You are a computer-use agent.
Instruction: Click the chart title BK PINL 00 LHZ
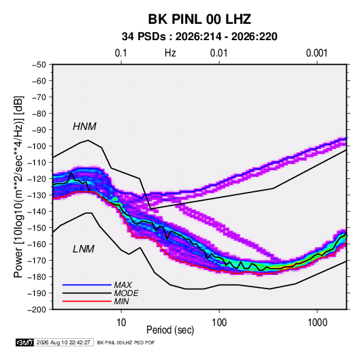[x=199, y=19]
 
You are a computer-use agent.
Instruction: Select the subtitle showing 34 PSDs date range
[x=199, y=37]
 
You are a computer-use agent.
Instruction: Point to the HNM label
[x=84, y=127]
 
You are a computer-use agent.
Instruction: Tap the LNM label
[x=84, y=249]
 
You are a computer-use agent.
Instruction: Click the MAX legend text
[x=122, y=284]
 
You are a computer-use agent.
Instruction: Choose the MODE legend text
[x=127, y=293]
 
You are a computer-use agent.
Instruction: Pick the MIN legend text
[x=121, y=301]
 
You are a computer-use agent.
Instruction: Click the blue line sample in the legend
[x=87, y=284]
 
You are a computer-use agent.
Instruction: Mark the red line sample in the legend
[x=87, y=301]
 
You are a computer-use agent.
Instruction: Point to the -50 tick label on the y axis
[x=39, y=65]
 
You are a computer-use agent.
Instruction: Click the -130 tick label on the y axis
[x=37, y=195]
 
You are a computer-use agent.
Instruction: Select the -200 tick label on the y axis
[x=37, y=310]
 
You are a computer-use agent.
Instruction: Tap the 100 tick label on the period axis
[x=219, y=323]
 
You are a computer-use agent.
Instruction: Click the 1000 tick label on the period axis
[x=317, y=323]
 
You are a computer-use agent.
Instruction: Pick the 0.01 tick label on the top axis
[x=218, y=53]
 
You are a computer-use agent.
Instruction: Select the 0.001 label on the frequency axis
[x=316, y=53]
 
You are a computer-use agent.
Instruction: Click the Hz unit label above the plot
[x=170, y=53]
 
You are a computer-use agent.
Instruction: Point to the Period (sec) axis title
[x=170, y=330]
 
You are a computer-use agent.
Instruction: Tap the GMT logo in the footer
[x=25, y=342]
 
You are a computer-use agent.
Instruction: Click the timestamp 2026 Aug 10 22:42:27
[x=63, y=342]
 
